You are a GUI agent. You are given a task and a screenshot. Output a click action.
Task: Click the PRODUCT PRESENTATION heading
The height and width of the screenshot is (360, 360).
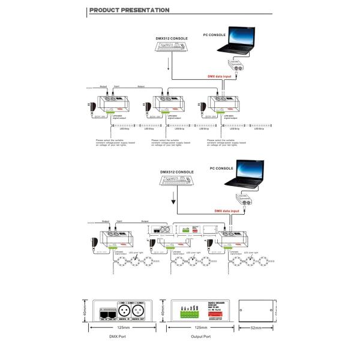pyautogui.click(x=128, y=10)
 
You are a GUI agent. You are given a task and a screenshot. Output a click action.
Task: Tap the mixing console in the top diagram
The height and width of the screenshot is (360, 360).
pyautogui.click(x=171, y=49)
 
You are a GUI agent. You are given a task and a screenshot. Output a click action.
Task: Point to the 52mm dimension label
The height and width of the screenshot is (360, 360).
pyautogui.click(x=257, y=329)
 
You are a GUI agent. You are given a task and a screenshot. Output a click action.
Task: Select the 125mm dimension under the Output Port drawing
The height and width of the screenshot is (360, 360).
pyautogui.click(x=193, y=329)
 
